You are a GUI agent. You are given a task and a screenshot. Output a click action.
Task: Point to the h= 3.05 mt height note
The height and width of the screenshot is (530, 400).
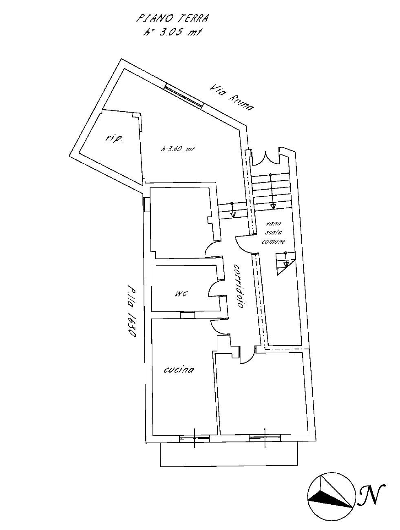[172, 32]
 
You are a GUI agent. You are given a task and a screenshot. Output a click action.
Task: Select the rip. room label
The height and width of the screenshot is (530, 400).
[113, 139]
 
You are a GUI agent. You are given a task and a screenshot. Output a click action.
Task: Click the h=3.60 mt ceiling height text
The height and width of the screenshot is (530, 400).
[177, 149]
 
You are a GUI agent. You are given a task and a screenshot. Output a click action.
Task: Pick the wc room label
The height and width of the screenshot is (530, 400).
[181, 294]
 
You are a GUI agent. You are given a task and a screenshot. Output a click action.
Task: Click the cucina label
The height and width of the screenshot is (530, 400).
[179, 370]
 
